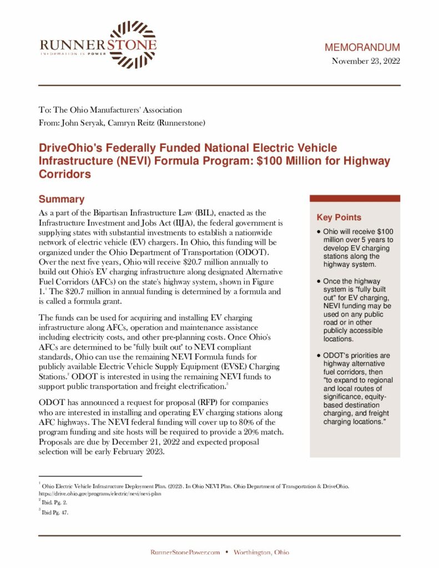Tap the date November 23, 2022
click(x=366, y=61)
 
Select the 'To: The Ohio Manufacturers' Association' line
click(x=110, y=110)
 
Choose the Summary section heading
click(x=61, y=199)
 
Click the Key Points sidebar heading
click(x=339, y=217)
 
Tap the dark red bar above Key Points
click(x=354, y=198)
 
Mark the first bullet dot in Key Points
click(x=318, y=231)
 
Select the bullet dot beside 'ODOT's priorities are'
click(x=318, y=355)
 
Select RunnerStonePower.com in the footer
click(x=185, y=552)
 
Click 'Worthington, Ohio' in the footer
click(x=261, y=552)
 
